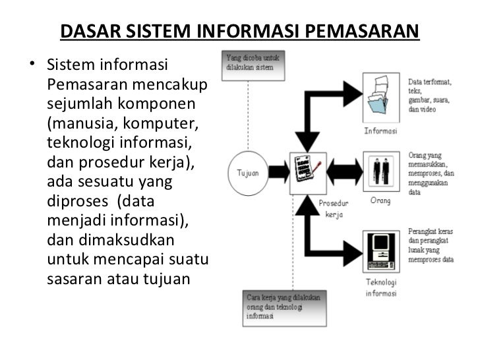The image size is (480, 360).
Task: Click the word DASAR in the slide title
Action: [86, 32]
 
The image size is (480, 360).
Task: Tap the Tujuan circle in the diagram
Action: [247, 173]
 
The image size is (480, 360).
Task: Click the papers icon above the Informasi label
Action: [380, 99]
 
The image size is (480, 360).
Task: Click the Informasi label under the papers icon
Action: [381, 131]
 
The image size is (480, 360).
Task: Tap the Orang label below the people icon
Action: [381, 200]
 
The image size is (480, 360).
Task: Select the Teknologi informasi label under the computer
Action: [381, 287]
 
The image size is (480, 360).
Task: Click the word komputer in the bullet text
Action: [158, 123]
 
